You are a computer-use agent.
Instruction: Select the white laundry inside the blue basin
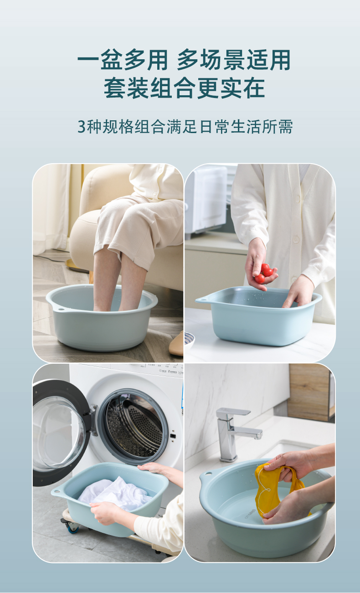116,494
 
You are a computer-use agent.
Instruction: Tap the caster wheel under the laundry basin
72,529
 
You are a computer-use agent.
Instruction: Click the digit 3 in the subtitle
82,127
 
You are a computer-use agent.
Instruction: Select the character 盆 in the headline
112,60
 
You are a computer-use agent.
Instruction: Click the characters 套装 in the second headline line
126,88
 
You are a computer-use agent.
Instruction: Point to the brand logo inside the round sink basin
250,514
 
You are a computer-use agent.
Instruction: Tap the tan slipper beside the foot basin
176,344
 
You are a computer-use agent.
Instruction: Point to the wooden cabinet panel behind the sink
310,392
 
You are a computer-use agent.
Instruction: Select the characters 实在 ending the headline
242,88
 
